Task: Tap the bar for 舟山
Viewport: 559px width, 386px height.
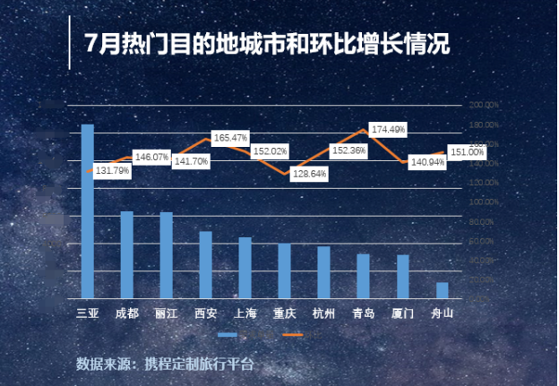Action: tap(442, 290)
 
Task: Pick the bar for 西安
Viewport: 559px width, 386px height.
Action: tap(206, 265)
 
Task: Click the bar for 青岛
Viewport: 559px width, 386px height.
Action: tap(363, 276)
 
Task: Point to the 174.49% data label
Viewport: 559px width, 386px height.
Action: tap(388, 130)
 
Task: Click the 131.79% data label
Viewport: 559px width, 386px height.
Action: tap(112, 170)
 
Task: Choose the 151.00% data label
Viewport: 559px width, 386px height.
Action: tap(466, 152)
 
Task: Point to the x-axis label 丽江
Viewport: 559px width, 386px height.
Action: tap(167, 313)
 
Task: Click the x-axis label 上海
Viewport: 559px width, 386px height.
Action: tap(245, 313)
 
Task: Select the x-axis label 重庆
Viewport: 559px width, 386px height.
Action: tap(285, 313)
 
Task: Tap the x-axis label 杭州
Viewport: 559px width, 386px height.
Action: tap(323, 313)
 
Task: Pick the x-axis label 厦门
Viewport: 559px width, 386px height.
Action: tap(402, 313)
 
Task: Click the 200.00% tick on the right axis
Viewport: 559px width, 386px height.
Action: tap(485, 105)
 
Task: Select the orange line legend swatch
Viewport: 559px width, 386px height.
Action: tap(293, 335)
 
